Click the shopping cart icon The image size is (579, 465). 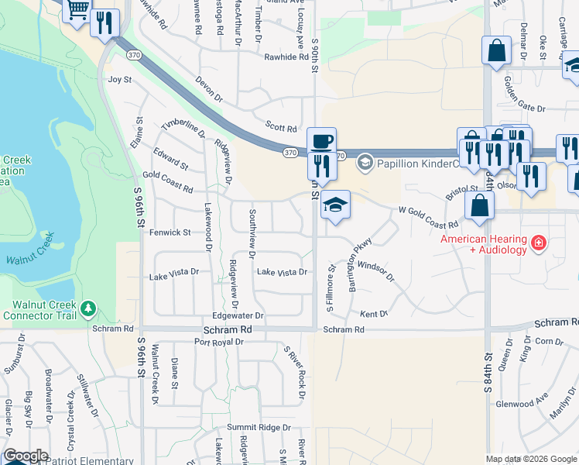77,11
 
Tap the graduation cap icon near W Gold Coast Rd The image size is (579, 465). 335,205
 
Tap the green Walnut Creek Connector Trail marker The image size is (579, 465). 88,309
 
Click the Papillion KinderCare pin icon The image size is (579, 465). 365,164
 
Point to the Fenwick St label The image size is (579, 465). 170,232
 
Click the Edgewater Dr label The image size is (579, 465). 238,316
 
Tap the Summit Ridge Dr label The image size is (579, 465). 258,427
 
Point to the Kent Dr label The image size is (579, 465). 373,314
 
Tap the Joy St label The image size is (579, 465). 120,79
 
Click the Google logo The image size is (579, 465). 26,456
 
